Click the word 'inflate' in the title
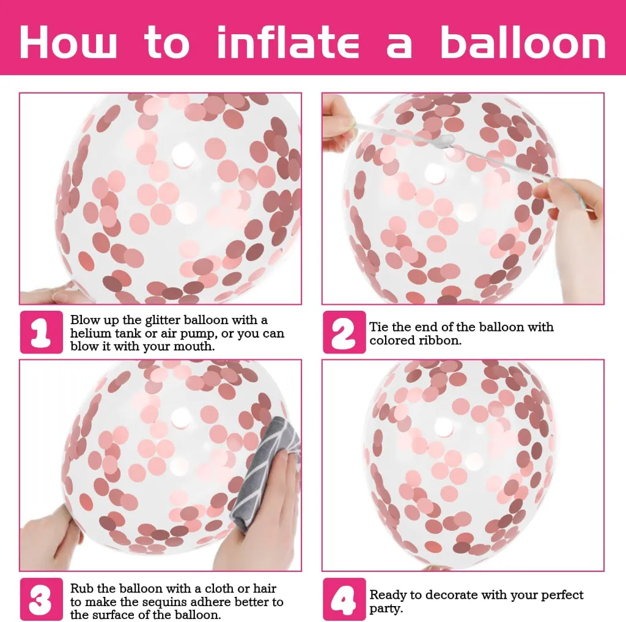[288, 42]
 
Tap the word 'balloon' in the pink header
[523, 42]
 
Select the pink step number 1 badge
[42, 332]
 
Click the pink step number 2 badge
[344, 332]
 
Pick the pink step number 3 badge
[42, 599]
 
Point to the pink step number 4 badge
[344, 599]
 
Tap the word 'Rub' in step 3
[82, 588]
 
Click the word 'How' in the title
[68, 42]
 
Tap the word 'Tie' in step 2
[378, 327]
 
